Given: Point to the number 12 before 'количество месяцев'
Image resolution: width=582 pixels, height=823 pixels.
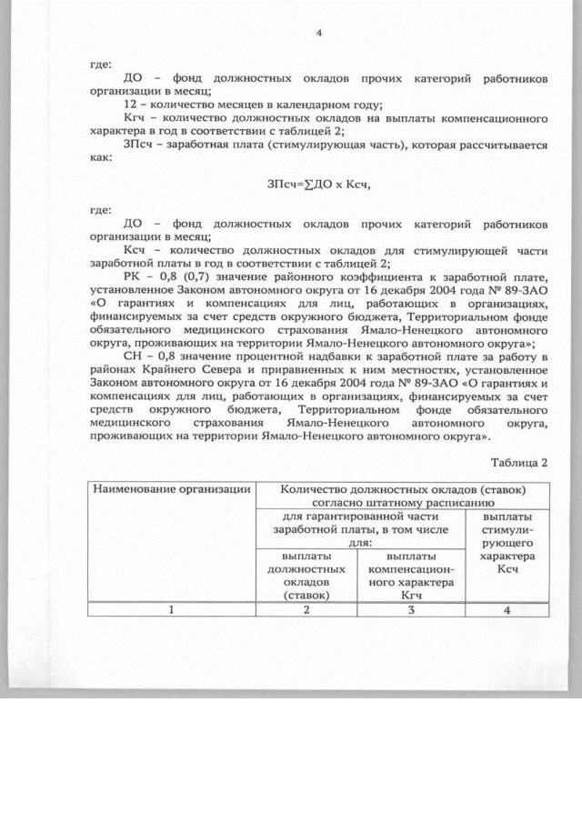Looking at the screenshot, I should click(x=128, y=105).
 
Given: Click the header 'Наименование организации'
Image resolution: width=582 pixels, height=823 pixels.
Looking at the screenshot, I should click(x=172, y=490).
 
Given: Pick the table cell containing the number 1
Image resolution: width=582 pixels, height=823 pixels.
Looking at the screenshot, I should click(x=172, y=609).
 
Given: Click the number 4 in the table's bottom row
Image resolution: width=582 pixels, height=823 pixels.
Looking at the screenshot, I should click(x=507, y=609).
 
